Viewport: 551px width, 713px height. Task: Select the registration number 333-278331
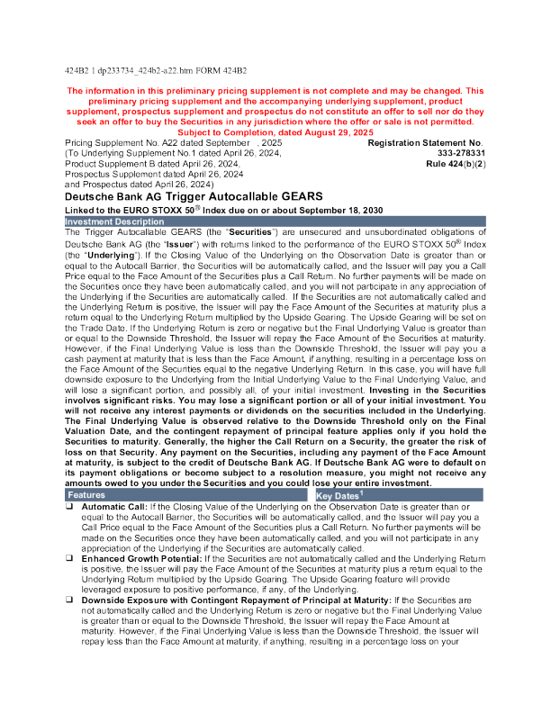(455, 154)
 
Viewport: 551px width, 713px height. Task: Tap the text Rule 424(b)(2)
(456, 165)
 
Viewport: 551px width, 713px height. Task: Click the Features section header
(86, 495)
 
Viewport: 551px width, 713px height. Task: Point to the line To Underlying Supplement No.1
(173, 154)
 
